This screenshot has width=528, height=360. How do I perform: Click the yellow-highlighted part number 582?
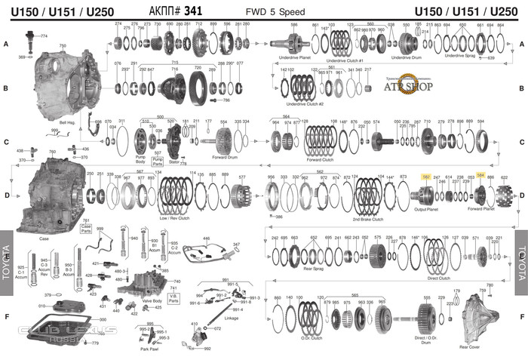point(426,177)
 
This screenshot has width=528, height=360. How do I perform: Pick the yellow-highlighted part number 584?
point(480,175)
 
